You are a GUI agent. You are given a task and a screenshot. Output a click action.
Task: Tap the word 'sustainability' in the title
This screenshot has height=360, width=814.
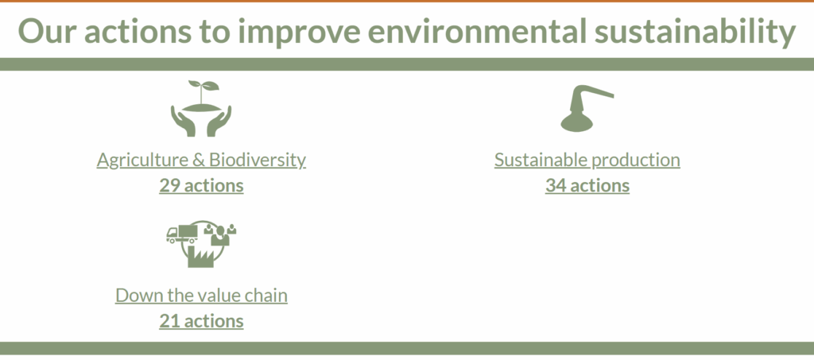click(695, 32)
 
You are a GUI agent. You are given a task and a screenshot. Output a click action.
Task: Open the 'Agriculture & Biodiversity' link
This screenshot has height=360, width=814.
click(201, 160)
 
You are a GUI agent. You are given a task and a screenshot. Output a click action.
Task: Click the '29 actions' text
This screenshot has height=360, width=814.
click(201, 186)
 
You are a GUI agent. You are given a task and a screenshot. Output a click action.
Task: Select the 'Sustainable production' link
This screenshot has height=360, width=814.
click(587, 160)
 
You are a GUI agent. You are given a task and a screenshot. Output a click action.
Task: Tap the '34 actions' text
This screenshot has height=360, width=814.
click(587, 186)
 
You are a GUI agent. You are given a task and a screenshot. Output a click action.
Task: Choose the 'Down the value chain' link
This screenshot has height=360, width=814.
click(201, 295)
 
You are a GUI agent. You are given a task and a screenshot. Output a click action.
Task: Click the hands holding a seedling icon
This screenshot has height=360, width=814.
click(201, 108)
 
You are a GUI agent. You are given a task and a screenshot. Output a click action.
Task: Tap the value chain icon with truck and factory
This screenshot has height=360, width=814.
click(201, 244)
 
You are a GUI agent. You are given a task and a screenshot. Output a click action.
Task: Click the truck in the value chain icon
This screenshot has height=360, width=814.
click(182, 234)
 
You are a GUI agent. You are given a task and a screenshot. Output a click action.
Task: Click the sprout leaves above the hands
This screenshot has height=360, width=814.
click(203, 86)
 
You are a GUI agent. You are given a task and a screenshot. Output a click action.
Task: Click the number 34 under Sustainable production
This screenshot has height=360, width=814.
click(556, 186)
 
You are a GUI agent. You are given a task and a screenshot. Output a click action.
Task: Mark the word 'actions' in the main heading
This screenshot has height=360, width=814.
click(137, 32)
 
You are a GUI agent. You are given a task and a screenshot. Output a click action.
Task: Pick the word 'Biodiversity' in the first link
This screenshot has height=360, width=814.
click(258, 160)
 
